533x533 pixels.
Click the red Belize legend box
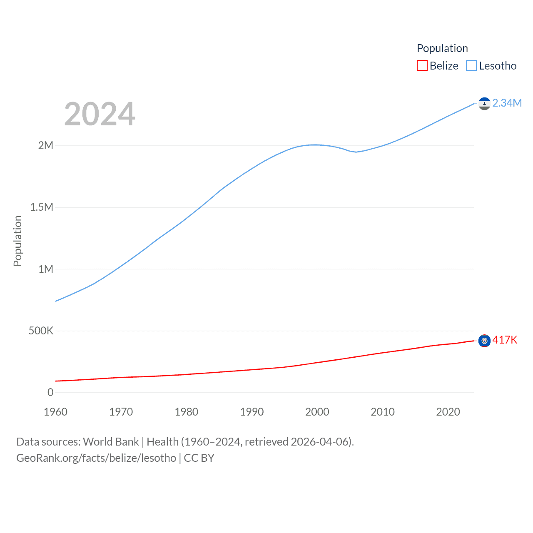tap(422, 66)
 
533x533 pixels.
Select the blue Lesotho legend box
tap(471, 66)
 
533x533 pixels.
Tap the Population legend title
tap(442, 48)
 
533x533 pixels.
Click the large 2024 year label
tap(100, 114)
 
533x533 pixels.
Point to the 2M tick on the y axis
tap(46, 145)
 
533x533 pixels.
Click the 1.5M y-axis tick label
tap(42, 207)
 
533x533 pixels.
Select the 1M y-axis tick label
tap(46, 269)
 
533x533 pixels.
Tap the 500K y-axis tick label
tap(41, 331)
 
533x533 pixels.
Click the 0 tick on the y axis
tap(50, 392)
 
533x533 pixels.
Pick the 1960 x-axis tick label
tap(55, 412)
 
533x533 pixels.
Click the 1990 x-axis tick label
tap(252, 412)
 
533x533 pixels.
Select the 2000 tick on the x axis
tap(317, 412)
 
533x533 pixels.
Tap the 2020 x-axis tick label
tap(448, 412)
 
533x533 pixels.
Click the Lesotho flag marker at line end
tap(484, 103)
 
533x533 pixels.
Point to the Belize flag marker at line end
tap(484, 341)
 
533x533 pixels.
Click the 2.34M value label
tap(507, 103)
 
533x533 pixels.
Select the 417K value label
tap(505, 340)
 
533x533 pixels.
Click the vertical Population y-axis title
tap(17, 241)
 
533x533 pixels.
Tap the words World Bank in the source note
tap(111, 441)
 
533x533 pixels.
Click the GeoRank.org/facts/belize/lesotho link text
tap(96, 458)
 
